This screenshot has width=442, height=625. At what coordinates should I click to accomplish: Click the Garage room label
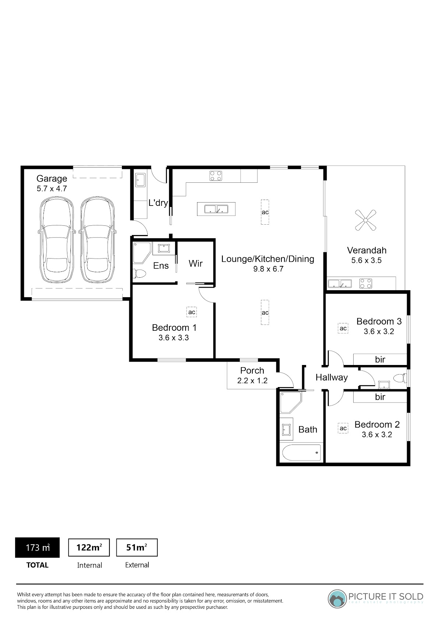tap(52, 179)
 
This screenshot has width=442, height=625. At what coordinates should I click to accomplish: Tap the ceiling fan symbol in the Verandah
tap(365, 220)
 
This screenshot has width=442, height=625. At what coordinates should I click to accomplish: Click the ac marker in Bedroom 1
tap(192, 312)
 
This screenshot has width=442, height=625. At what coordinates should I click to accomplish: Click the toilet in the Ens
tap(140, 273)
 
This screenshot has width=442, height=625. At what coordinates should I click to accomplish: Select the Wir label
tap(195, 263)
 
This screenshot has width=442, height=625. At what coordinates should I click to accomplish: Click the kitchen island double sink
tap(216, 209)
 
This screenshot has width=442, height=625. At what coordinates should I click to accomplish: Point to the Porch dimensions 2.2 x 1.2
tap(252, 380)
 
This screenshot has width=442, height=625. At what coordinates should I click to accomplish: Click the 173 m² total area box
tap(38, 547)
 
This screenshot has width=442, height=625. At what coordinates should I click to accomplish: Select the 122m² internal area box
tap(89, 547)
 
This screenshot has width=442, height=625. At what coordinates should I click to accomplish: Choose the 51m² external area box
tap(137, 547)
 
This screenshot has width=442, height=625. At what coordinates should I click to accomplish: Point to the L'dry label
tap(158, 203)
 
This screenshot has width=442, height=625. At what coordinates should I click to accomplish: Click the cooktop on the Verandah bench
tap(365, 284)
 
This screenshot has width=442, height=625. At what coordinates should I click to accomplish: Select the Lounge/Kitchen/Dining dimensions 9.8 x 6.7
tap(268, 269)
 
